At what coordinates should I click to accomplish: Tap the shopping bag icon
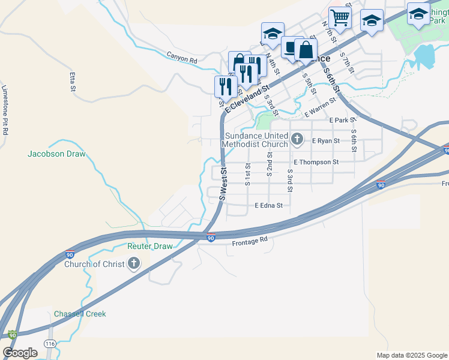306,50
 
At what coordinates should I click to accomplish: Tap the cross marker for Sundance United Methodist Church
297,140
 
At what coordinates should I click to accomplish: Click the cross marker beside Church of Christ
133,263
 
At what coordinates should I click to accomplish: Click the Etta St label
73,82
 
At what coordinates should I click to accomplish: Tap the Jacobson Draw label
56,154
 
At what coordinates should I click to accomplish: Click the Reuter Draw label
149,246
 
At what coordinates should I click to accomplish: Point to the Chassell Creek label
80,314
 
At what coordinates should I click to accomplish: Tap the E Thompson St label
316,162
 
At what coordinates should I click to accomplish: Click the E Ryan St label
325,140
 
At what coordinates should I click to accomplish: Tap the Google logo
20,352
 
